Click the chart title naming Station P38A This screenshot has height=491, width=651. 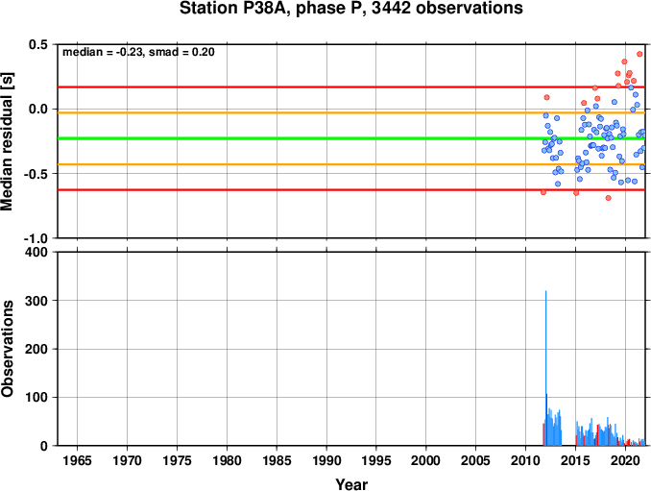pos(350,8)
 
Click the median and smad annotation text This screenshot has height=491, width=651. pos(138,52)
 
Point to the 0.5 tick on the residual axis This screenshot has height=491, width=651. pos(37,44)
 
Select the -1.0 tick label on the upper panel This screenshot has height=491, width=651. pos(36,238)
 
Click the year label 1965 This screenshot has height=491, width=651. pos(77,460)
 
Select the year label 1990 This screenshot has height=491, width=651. pos(326,460)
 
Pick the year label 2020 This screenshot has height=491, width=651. pos(625,460)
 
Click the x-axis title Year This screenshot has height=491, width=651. pos(351,484)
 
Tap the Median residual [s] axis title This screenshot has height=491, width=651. pos(7,141)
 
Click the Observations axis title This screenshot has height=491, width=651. pos(7,349)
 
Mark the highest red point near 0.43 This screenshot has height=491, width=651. pos(639,54)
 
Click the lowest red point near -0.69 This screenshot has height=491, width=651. pos(608,198)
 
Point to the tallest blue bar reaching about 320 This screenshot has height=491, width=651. pos(546,368)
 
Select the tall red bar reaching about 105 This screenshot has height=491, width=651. pos(546,420)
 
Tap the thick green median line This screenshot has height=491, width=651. pos(351,138)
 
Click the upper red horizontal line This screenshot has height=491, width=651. pos(351,86)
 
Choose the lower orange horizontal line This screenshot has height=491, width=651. pos(351,164)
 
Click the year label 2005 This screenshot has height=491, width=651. pos(476,460)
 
